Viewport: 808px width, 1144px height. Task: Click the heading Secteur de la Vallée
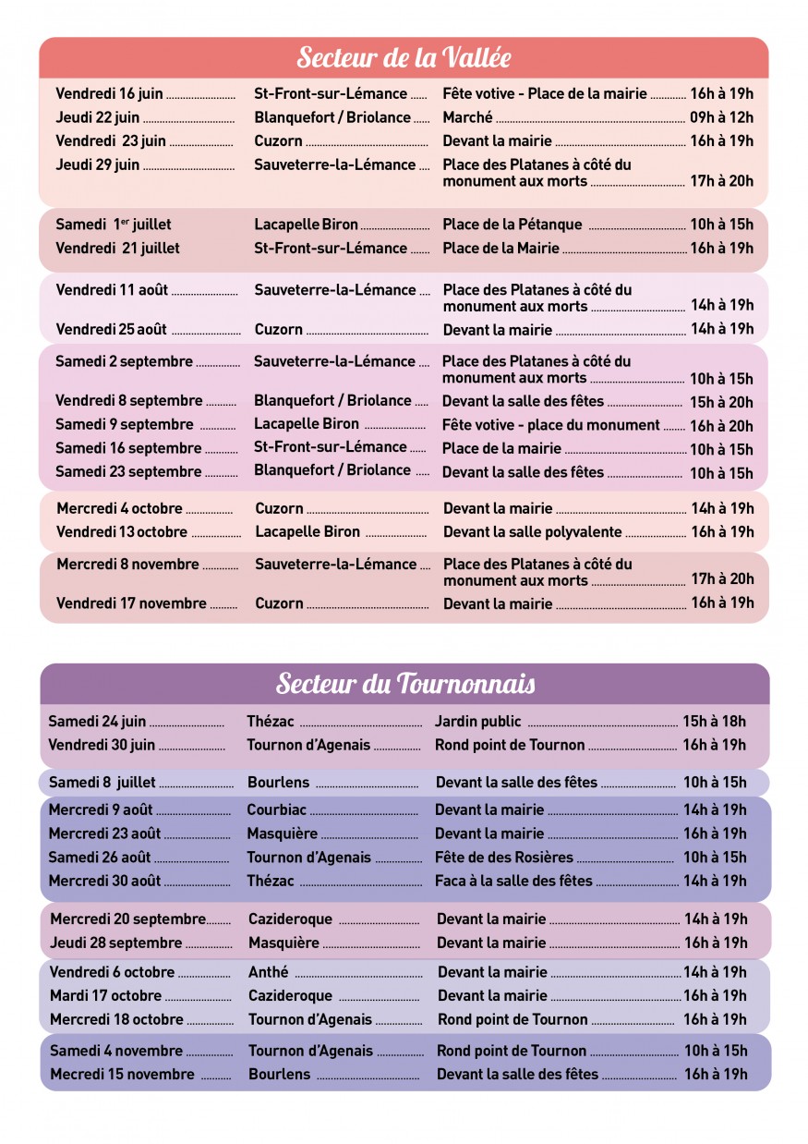pos(404,57)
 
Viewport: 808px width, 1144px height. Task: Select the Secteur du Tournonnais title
pos(405,684)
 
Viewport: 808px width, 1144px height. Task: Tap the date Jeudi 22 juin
pos(98,117)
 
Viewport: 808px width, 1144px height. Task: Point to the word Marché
pos(467,117)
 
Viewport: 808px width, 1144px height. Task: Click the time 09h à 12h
pos(721,117)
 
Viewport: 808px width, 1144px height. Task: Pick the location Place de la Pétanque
pos(513,225)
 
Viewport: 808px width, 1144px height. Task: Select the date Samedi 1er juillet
pos(114,225)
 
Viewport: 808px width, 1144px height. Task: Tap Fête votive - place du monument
pos(551,425)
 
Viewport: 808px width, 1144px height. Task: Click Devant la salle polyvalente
pos(533,532)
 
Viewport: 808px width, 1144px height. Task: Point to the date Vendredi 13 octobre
pos(122,532)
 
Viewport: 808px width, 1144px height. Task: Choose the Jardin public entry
pos(478,722)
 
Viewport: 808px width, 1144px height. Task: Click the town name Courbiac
pos(277,810)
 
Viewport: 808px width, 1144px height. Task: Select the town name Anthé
pos(269,972)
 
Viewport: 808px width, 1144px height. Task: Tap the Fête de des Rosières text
pos(504,858)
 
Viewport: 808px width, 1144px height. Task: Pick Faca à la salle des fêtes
pos(513,882)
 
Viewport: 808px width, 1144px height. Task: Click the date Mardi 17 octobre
pos(106,996)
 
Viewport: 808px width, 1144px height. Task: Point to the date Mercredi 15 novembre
pos(123,1075)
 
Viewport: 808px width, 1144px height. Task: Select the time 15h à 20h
pos(721,402)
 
